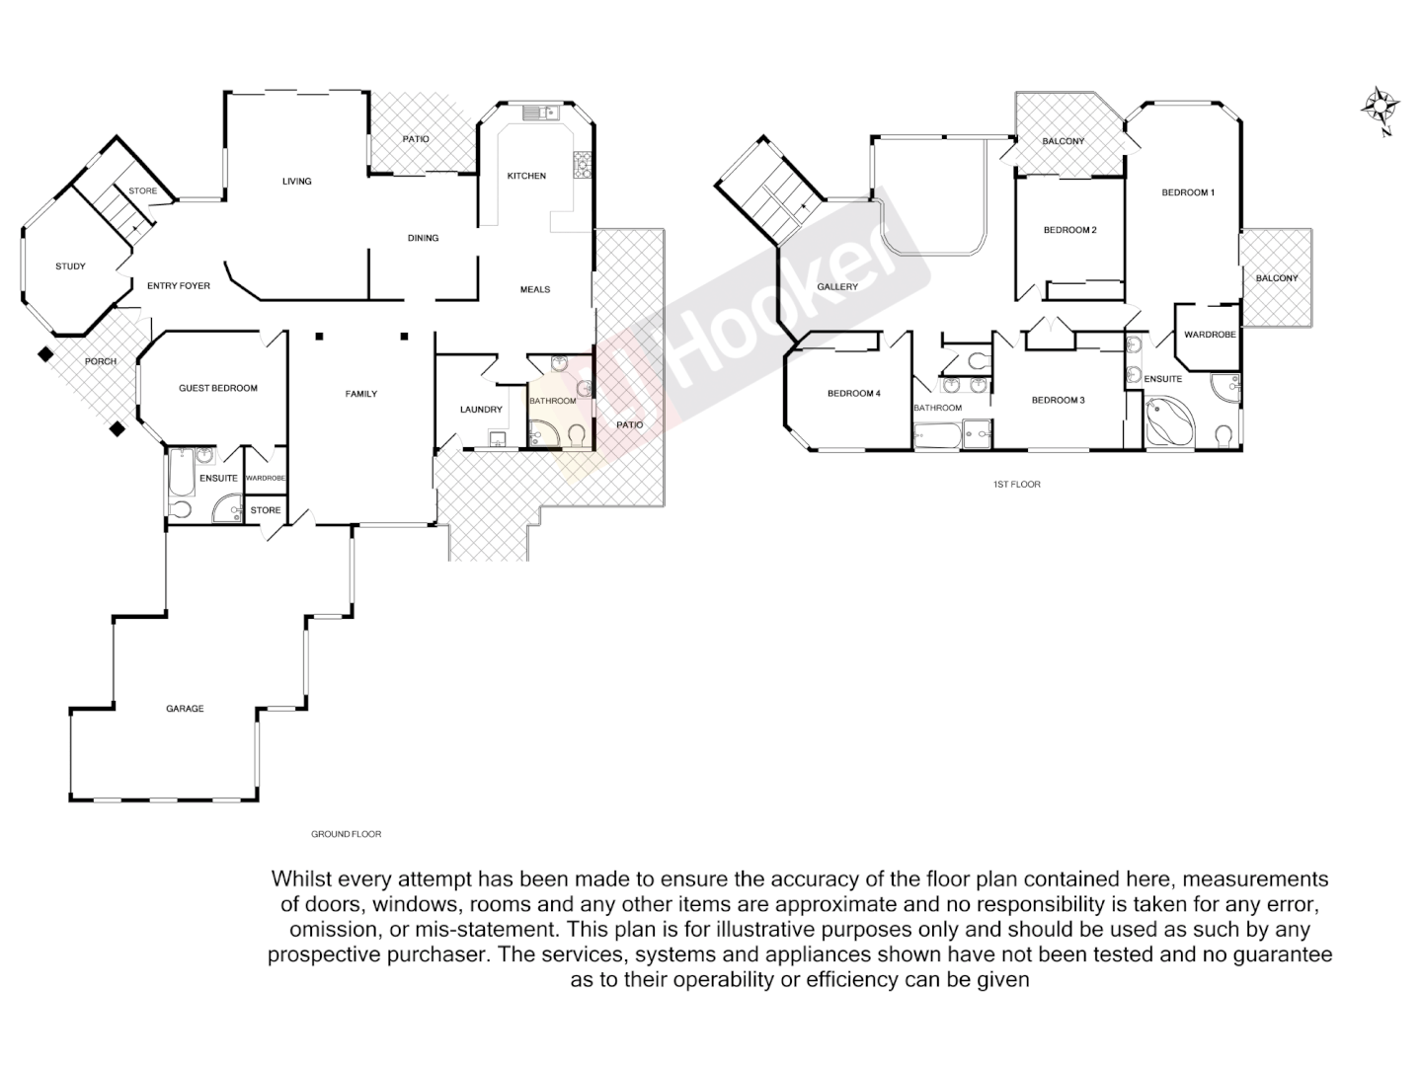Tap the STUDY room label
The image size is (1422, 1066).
tap(70, 266)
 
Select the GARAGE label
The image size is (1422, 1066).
tap(185, 709)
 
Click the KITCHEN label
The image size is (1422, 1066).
tap(526, 176)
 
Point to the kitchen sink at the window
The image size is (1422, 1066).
tap(540, 113)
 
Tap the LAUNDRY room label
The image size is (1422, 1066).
tap(481, 410)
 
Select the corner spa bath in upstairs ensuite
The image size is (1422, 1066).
tap(1169, 422)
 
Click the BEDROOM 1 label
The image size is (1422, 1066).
tap(1187, 192)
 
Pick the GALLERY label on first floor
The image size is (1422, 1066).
tap(837, 287)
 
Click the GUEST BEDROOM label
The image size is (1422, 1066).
tap(217, 388)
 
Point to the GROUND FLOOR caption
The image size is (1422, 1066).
tap(346, 834)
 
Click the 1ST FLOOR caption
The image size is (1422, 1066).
tap(1016, 485)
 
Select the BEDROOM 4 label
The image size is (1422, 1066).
tap(853, 394)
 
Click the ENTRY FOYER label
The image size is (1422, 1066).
tap(178, 286)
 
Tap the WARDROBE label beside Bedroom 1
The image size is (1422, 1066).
tap(1210, 335)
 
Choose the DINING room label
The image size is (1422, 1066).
tap(423, 238)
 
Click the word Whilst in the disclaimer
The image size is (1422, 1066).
tap(301, 878)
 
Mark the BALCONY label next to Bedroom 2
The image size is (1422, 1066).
tap(1063, 141)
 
